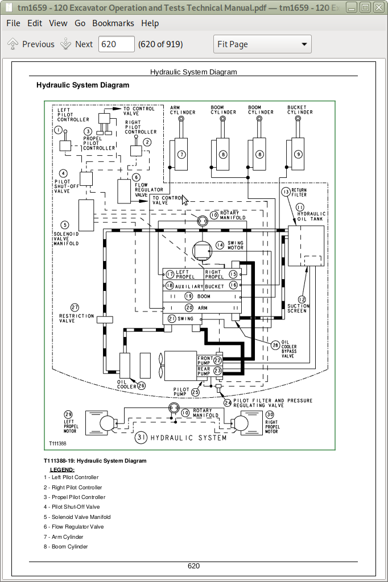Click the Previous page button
[31, 44]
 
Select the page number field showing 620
[117, 44]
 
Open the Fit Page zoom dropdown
[262, 44]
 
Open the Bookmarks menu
[113, 23]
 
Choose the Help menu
[150, 23]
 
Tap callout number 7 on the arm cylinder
[181, 154]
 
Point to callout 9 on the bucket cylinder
[299, 154]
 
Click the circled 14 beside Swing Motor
[220, 246]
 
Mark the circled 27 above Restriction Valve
[75, 307]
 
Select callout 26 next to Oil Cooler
[141, 385]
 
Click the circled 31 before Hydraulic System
[141, 438]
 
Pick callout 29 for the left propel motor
[68, 414]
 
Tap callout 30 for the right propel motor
[270, 414]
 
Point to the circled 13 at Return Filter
[286, 192]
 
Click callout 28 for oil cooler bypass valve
[275, 345]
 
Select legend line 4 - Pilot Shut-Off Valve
[72, 507]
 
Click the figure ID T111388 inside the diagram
[57, 443]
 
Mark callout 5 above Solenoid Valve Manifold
[65, 225]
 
